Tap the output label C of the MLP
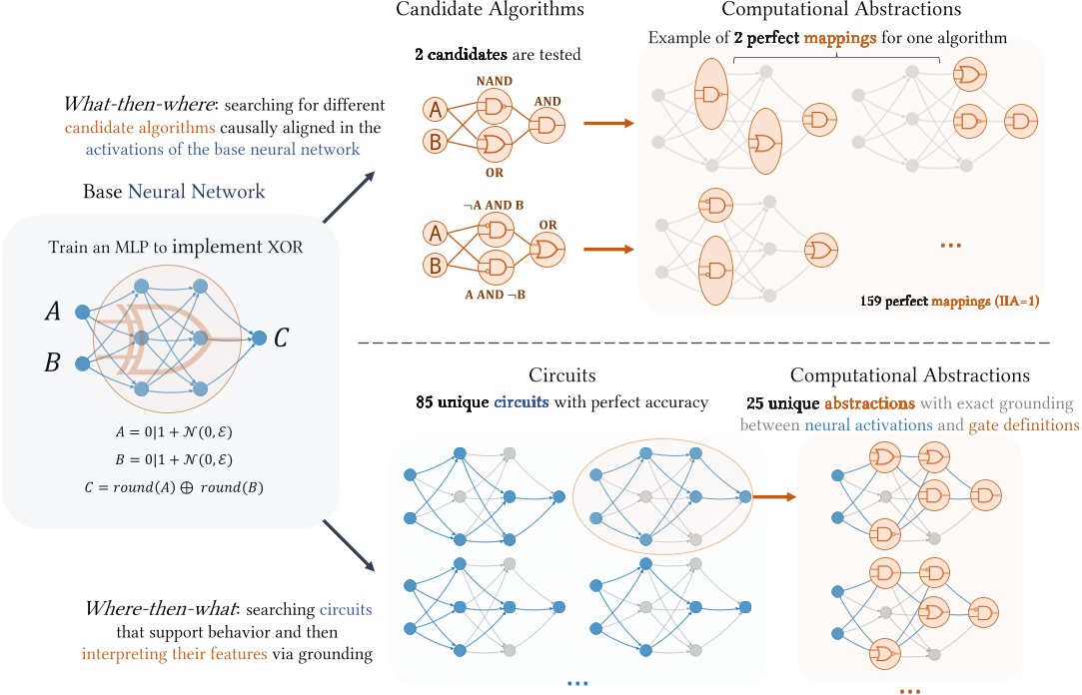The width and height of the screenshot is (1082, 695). pos(283,338)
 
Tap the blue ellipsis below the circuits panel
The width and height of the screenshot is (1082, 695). pos(576,684)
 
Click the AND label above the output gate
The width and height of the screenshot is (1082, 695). pos(548,101)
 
